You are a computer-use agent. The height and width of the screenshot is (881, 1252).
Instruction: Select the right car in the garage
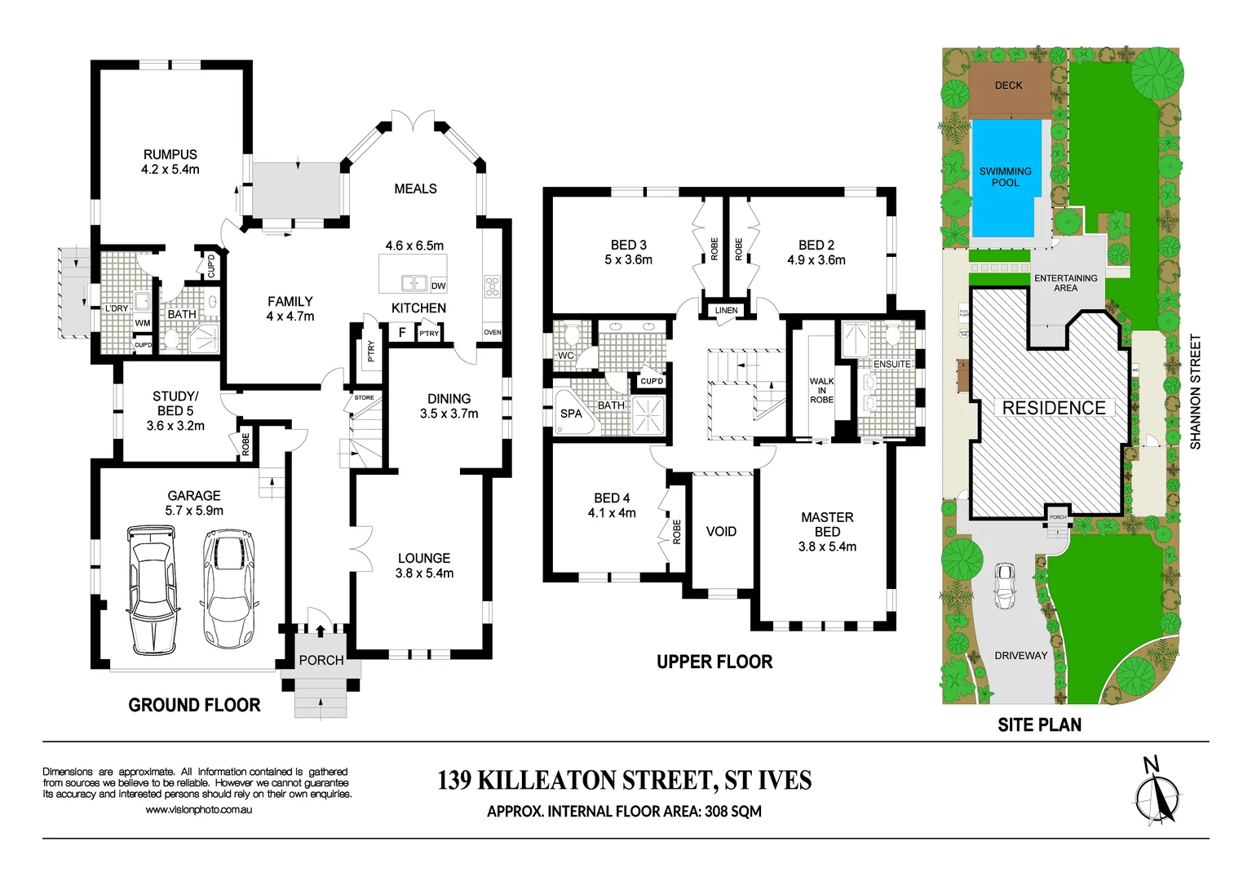pyautogui.click(x=228, y=587)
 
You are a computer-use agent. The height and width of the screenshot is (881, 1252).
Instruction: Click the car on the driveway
pyautogui.click(x=1004, y=586)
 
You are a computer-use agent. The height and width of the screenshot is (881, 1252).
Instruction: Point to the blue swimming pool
pyautogui.click(x=1006, y=178)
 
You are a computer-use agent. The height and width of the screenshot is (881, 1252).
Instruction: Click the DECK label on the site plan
pyautogui.click(x=1008, y=86)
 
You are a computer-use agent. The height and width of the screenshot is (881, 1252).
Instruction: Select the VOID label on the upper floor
pyautogui.click(x=721, y=532)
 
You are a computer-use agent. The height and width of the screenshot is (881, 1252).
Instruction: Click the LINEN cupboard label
pyautogui.click(x=726, y=311)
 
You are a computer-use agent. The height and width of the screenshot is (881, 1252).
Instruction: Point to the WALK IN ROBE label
pyautogui.click(x=821, y=390)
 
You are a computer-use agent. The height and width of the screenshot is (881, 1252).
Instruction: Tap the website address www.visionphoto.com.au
pyautogui.click(x=198, y=810)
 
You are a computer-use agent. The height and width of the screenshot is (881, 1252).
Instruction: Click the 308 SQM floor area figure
pyautogui.click(x=732, y=812)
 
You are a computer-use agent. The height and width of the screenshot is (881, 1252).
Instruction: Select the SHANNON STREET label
pyautogui.click(x=1196, y=392)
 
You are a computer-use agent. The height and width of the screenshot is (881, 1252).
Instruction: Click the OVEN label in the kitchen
pyautogui.click(x=493, y=333)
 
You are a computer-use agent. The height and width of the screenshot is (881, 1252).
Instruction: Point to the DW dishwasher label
pyautogui.click(x=438, y=286)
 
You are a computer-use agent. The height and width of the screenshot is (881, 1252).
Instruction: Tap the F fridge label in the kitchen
pyautogui.click(x=401, y=333)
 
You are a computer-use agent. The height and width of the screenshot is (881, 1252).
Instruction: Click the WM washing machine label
pyautogui.click(x=143, y=323)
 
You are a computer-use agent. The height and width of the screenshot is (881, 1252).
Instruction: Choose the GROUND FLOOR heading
pyautogui.click(x=194, y=706)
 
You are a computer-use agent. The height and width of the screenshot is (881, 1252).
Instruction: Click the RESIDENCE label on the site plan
pyautogui.click(x=1054, y=408)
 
